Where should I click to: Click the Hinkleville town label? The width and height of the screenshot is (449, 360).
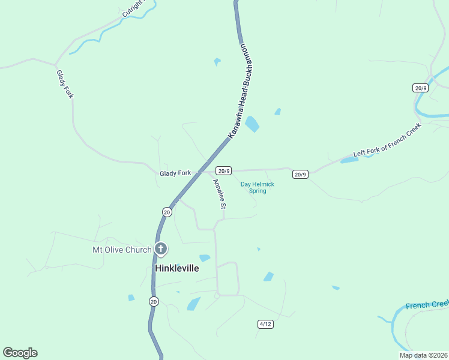pyautogui.click(x=177, y=268)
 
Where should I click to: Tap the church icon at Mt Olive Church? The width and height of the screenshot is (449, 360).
pyautogui.click(x=160, y=248)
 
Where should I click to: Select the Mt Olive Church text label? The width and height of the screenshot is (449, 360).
pyautogui.click(x=122, y=250)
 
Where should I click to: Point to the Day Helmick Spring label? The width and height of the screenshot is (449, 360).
pyautogui.click(x=258, y=187)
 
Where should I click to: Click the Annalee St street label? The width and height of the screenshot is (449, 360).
pyautogui.click(x=218, y=194)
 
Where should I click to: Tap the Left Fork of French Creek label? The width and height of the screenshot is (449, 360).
pyautogui.click(x=388, y=140)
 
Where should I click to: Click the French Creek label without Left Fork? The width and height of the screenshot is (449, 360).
pyautogui.click(x=427, y=305)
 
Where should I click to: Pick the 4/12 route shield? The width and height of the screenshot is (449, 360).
pyautogui.click(x=265, y=324)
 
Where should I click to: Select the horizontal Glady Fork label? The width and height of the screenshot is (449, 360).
pyautogui.click(x=175, y=173)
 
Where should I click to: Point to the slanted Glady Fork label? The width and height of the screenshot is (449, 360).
pyautogui.click(x=64, y=85)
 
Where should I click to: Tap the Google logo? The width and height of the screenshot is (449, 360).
pyautogui.click(x=20, y=353)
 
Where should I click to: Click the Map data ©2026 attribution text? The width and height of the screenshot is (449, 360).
pyautogui.click(x=423, y=355)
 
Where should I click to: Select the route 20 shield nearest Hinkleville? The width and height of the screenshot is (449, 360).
pyautogui.click(x=154, y=301)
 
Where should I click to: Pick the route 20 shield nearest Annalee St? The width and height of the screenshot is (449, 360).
pyautogui.click(x=167, y=211)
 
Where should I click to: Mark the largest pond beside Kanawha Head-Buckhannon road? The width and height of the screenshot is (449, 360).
pyautogui.click(x=252, y=124)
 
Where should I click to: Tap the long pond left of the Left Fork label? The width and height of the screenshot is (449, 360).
pyautogui.click(x=349, y=160)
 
